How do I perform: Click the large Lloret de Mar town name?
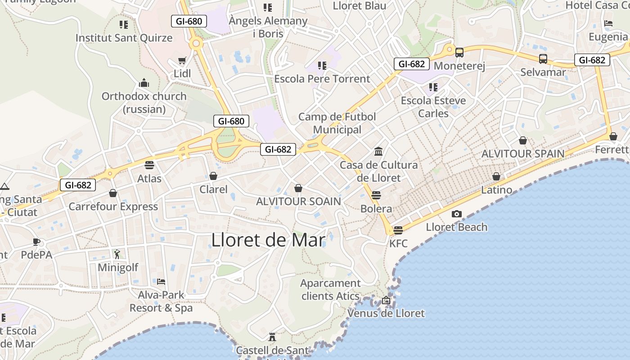(x=268, y=240)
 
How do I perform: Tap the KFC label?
(x=398, y=243)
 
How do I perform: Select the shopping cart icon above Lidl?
(x=182, y=60)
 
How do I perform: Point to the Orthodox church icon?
(x=144, y=83)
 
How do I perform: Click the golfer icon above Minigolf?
(x=117, y=254)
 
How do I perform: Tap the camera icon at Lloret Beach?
(x=456, y=214)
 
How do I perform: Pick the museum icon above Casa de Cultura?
(x=378, y=151)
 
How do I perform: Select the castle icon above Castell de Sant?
(x=272, y=337)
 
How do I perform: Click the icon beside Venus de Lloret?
(x=386, y=300)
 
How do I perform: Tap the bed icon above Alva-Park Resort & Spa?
(x=161, y=282)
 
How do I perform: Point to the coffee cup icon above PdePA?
(x=36, y=242)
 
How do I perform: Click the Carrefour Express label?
(x=113, y=207)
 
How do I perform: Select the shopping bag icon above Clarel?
(x=213, y=176)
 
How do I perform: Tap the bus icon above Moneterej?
(x=459, y=53)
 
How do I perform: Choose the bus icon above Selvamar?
(x=543, y=59)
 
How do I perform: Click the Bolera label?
(x=376, y=209)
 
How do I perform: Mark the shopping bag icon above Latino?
(x=496, y=176)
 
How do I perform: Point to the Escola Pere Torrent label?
(x=322, y=79)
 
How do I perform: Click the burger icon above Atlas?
(x=149, y=165)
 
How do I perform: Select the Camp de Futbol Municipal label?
(x=337, y=123)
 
